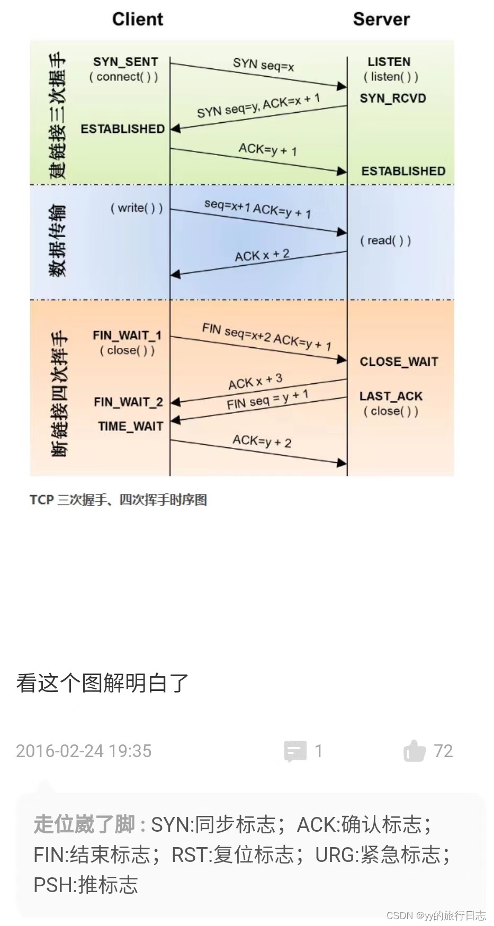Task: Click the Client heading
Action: coord(138,19)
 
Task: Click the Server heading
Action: coord(381,19)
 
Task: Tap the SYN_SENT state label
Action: coord(125,62)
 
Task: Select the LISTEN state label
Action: coord(389,62)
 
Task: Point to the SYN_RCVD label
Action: coord(393,98)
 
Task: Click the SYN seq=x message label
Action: coord(263,65)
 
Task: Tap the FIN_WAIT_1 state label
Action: coord(127,335)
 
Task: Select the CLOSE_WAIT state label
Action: coord(399,362)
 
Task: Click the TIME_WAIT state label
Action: coord(131,426)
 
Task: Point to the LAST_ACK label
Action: coord(391,396)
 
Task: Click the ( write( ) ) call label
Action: coord(137,208)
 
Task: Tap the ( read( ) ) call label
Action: coord(385,240)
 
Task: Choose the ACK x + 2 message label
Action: coord(262,255)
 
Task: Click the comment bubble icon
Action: coord(295,751)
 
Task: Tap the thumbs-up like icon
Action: coord(414,751)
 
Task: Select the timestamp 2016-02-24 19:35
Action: coord(84,751)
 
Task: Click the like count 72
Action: coord(443,751)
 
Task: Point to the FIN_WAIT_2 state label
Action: coord(128,402)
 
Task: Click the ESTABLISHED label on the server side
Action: coord(403,171)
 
